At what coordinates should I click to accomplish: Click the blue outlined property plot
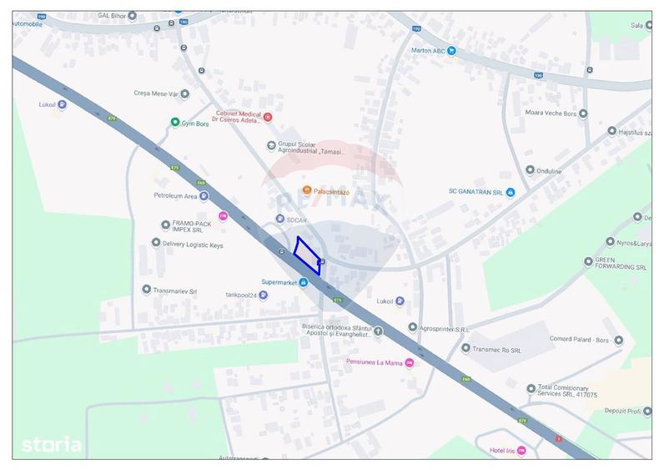[x=307, y=255]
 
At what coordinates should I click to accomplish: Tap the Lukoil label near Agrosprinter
[x=385, y=301]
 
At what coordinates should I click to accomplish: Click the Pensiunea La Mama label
[x=375, y=362]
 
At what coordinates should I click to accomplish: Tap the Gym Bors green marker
[x=175, y=123]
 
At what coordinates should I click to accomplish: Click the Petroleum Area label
[x=175, y=196]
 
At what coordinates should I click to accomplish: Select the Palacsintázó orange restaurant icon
[x=307, y=191]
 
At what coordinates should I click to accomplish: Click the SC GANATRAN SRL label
[x=475, y=192]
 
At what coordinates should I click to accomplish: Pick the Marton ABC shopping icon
[x=451, y=50]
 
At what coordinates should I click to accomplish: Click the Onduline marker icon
[x=530, y=170]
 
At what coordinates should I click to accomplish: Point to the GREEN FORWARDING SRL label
[x=621, y=264]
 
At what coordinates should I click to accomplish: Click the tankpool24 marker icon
[x=263, y=295]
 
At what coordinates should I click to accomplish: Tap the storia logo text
[x=52, y=444]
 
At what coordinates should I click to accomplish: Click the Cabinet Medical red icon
[x=268, y=118]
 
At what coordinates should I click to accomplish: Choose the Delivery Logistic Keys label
[x=193, y=245]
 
